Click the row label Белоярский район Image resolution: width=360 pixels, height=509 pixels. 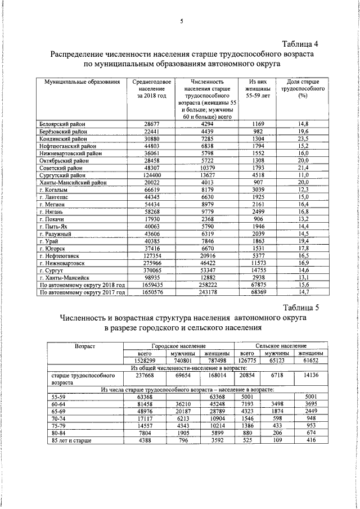point(63,123)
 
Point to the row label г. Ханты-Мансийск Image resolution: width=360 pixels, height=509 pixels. point(65,278)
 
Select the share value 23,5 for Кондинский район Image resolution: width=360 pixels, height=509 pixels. point(304,138)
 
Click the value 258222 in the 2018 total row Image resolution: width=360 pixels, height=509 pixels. point(208,285)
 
